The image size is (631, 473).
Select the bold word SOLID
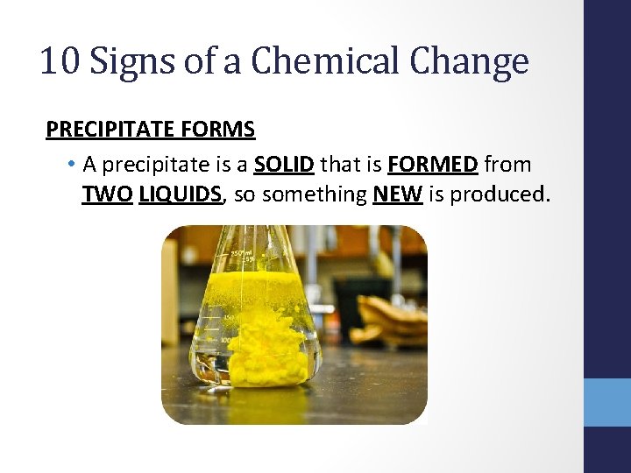(285, 165)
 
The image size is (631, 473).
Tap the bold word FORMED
(433, 165)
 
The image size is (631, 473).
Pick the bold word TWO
(107, 194)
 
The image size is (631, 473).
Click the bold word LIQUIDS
(180, 194)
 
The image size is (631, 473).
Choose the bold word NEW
(398, 194)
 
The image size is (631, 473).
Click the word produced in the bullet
(500, 194)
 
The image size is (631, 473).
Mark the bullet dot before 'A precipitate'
(69, 166)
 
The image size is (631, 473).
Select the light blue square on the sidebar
(606, 402)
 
